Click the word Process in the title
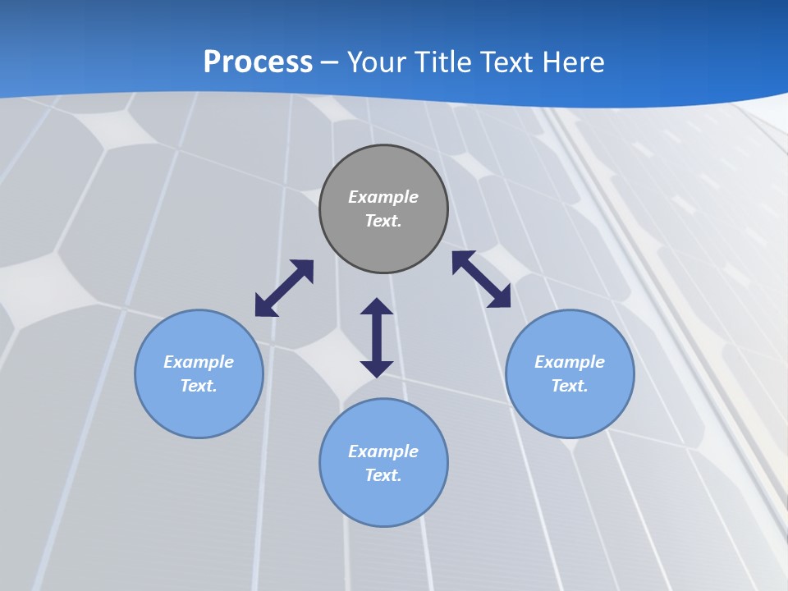(258, 62)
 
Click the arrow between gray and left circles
(284, 288)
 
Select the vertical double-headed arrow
(377, 337)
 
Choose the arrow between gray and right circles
(482, 279)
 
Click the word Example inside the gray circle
(383, 197)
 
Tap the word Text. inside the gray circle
(383, 221)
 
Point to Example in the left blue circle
(199, 362)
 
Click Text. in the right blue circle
(570, 386)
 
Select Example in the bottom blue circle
(383, 451)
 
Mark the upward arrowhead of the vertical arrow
(377, 307)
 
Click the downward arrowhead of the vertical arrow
(377, 368)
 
